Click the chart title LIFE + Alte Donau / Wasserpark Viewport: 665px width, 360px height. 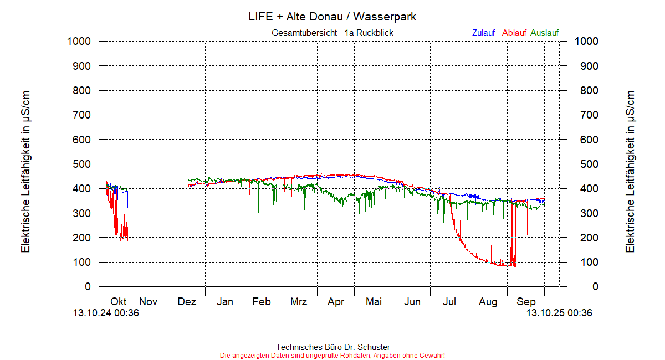point(332,17)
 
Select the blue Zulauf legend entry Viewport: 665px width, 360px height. point(483,33)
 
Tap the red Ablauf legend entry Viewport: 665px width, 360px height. point(514,33)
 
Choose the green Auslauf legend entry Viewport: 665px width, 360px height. point(544,33)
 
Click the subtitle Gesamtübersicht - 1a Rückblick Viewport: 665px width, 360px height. point(332,33)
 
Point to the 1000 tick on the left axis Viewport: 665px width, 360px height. point(79,41)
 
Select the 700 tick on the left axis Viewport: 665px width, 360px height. point(82,115)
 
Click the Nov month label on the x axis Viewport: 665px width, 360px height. point(149,302)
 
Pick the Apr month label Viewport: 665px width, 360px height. point(336,302)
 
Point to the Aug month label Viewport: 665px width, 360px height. point(488,302)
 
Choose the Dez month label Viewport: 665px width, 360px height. point(187,302)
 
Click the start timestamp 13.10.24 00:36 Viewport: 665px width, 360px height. point(106,313)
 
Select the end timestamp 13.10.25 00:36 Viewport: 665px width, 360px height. point(559,313)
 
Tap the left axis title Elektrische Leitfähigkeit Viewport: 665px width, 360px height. point(25,172)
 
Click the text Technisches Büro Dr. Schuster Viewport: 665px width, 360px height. point(332,347)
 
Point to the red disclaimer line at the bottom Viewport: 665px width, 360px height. point(332,355)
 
